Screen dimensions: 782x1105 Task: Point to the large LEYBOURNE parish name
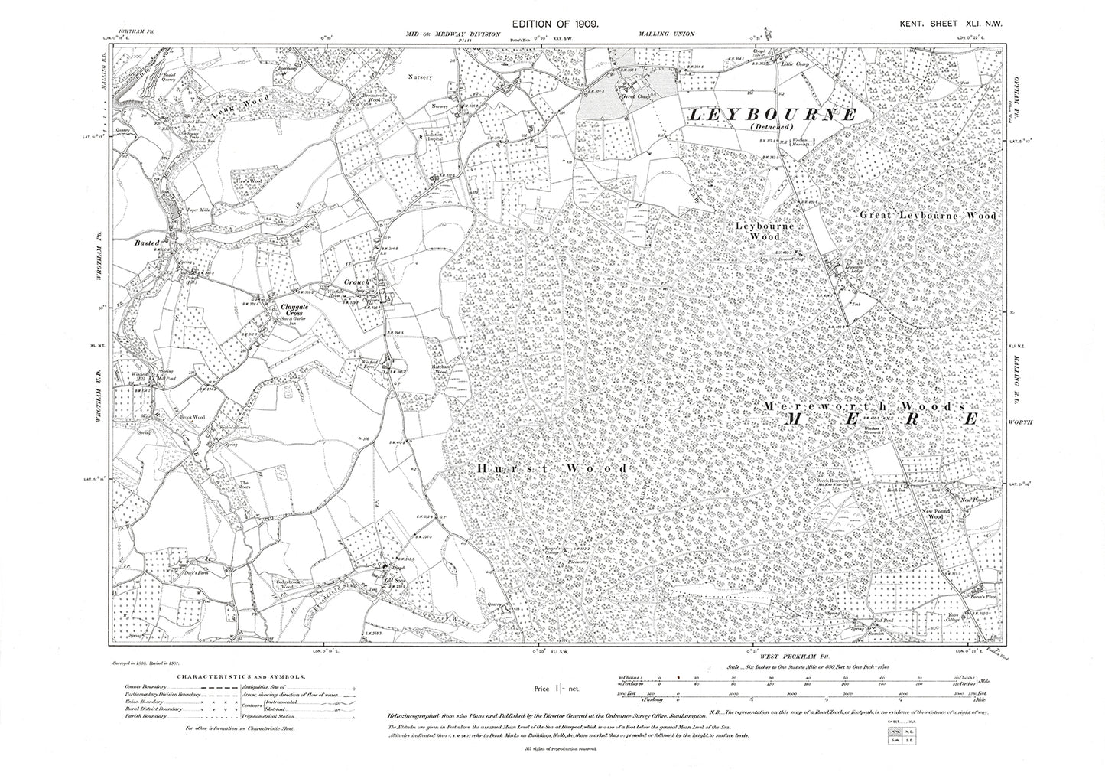(773, 115)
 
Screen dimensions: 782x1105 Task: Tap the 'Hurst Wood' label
(552, 468)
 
